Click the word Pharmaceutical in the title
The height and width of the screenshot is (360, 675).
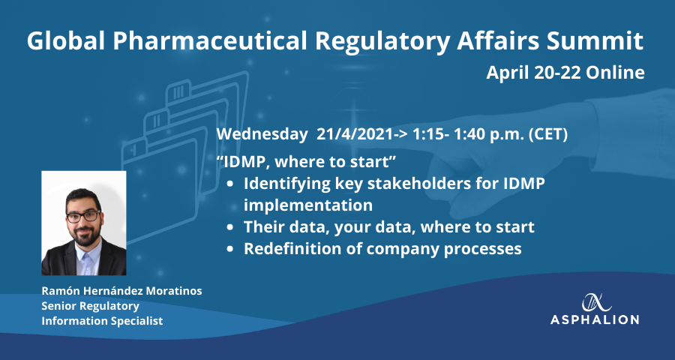pyautogui.click(x=211, y=41)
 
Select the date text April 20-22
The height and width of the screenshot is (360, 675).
pyautogui.click(x=533, y=73)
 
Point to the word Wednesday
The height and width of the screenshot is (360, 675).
pyautogui.click(x=260, y=135)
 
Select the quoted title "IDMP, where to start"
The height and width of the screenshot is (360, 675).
pyautogui.click(x=306, y=162)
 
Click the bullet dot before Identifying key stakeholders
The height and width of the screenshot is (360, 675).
pyautogui.click(x=231, y=184)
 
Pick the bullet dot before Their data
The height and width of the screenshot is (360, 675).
pyautogui.click(x=231, y=226)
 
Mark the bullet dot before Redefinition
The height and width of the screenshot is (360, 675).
pyautogui.click(x=231, y=249)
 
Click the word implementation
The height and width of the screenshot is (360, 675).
pyautogui.click(x=308, y=205)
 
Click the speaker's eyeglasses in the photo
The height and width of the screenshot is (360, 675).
pyautogui.click(x=83, y=216)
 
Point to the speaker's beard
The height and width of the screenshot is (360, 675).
pyautogui.click(x=84, y=234)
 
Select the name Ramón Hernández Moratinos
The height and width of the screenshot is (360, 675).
pyautogui.click(x=121, y=291)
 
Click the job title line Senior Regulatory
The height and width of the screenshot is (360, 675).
pyautogui.click(x=91, y=306)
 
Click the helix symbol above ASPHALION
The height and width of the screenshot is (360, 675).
pyautogui.click(x=597, y=302)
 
